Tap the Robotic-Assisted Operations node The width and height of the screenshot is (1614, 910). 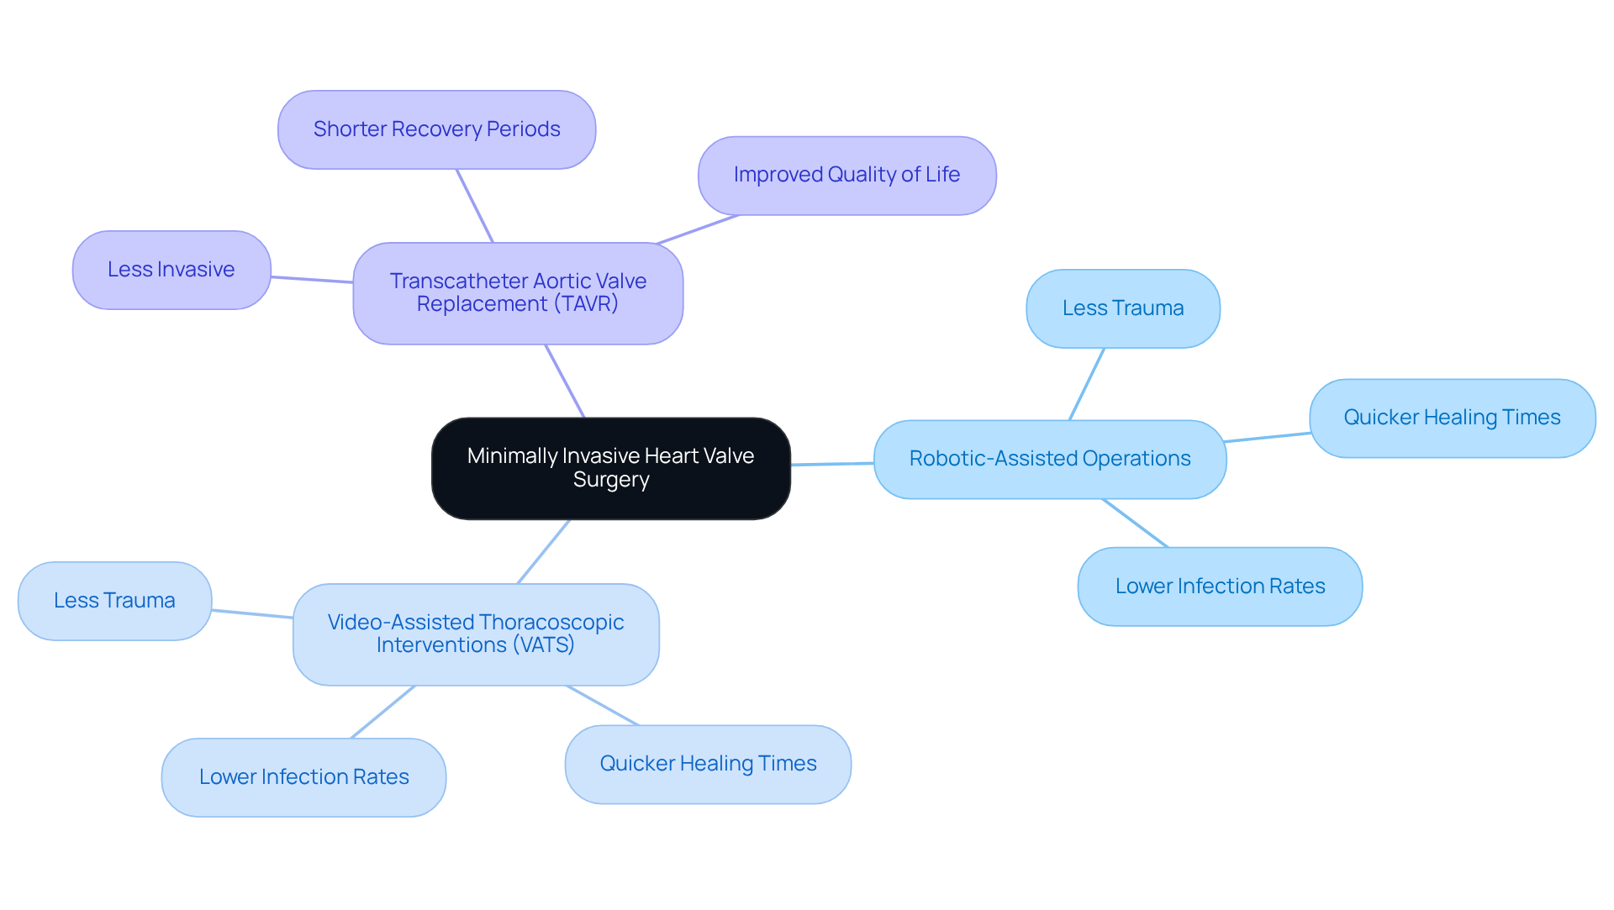coord(1049,459)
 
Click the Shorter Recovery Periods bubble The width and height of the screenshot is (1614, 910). coord(436,129)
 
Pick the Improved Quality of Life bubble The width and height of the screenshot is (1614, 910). coord(847,175)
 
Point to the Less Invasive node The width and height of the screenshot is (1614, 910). coord(171,270)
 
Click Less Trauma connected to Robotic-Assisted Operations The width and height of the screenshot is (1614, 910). coord(1122,308)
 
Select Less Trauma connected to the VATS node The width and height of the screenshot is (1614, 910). coord(114,601)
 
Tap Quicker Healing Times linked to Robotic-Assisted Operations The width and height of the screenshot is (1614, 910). coord(1452,418)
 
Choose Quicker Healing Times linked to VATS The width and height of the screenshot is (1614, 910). coord(708,764)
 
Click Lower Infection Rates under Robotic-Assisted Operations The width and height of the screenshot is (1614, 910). coord(1220,587)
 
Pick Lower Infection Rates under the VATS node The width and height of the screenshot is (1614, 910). coord(303,777)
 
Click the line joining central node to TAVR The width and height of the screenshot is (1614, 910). coord(565,381)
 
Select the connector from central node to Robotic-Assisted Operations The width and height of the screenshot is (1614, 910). coord(832,464)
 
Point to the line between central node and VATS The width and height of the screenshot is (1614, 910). coord(544,551)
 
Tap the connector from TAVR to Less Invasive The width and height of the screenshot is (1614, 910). coord(312,280)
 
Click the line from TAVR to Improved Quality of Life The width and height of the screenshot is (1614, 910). coord(698,229)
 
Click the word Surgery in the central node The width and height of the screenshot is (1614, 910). coord(611,480)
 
